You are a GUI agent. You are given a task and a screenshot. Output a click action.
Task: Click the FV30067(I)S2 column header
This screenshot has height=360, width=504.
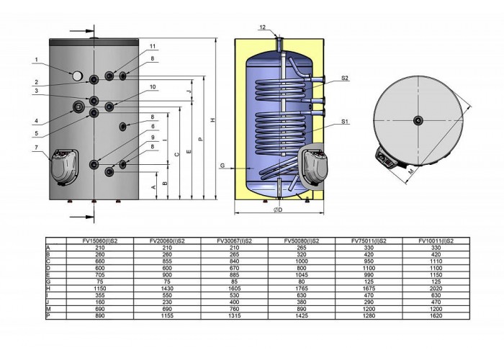pyautogui.click(x=234, y=240)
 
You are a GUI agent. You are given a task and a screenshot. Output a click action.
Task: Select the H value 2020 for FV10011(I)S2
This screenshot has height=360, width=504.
pyautogui.click(x=436, y=288)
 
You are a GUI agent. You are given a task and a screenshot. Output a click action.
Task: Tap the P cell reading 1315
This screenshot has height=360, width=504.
pyautogui.click(x=234, y=315)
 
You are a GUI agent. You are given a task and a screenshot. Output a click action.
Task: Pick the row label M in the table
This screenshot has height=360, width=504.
pyautogui.click(x=48, y=309)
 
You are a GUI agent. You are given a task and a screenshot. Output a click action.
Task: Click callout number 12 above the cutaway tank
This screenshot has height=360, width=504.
pyautogui.click(x=263, y=27)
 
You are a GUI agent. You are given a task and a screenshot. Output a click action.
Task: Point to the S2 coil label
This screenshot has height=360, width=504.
pyautogui.click(x=345, y=78)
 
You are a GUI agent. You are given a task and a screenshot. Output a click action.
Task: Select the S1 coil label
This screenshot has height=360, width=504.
pyautogui.click(x=345, y=122)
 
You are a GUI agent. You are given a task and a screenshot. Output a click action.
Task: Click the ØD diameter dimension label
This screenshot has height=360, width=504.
pyautogui.click(x=278, y=210)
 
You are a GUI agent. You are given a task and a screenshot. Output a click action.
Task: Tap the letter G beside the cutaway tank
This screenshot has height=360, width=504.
pyautogui.click(x=222, y=166)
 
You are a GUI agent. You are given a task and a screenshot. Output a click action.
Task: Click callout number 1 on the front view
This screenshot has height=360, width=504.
pyautogui.click(x=36, y=60)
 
